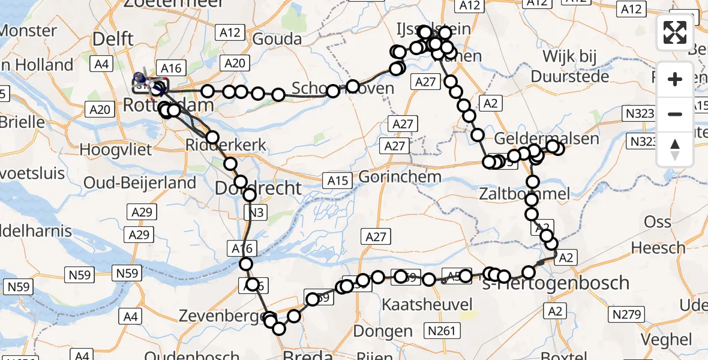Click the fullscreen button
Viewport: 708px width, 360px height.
[675, 32]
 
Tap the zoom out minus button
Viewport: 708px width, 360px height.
[675, 114]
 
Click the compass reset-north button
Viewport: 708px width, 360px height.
[675, 149]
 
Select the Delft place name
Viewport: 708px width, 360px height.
[113, 40]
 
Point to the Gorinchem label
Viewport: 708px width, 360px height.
[400, 178]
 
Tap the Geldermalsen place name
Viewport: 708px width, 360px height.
[560, 139]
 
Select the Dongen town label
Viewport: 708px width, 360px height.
[383, 331]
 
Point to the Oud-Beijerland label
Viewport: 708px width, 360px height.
[140, 182]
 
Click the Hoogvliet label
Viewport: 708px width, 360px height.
[113, 149]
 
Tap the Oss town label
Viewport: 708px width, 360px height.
[658, 221]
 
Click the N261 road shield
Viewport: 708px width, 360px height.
[441, 330]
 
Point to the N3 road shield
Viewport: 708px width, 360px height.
[256, 212]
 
